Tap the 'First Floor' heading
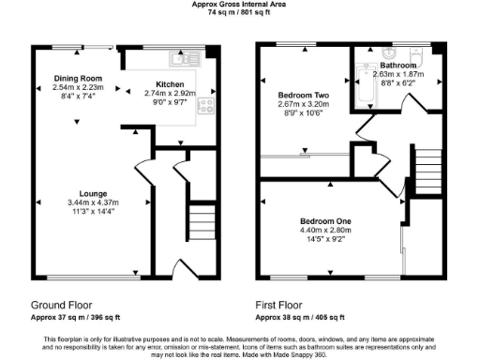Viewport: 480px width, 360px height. (x=280, y=306)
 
